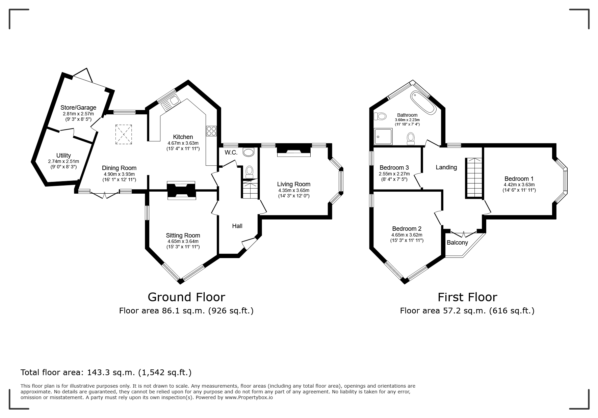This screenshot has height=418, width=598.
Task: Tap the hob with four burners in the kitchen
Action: [211, 131]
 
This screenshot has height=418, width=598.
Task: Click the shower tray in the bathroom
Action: [383, 138]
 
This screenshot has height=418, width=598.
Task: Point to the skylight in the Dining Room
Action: [124, 134]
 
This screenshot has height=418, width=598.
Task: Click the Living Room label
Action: [293, 184]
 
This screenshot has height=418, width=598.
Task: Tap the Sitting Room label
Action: [183, 235]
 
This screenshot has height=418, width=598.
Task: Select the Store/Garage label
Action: [78, 108]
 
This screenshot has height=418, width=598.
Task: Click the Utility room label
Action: [63, 156]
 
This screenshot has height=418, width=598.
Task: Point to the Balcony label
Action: [457, 243]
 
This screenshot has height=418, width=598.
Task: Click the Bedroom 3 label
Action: [394, 168]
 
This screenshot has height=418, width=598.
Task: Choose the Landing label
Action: [446, 167]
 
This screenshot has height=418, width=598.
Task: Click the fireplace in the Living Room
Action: [293, 150]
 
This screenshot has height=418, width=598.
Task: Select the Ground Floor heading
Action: [186, 297]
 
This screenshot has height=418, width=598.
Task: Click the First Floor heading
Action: [467, 297]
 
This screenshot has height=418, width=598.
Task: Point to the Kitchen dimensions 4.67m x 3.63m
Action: [183, 143]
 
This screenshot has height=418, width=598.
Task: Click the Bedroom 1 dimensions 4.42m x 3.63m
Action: [519, 185]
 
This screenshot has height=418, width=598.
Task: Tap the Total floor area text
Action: [106, 372]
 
